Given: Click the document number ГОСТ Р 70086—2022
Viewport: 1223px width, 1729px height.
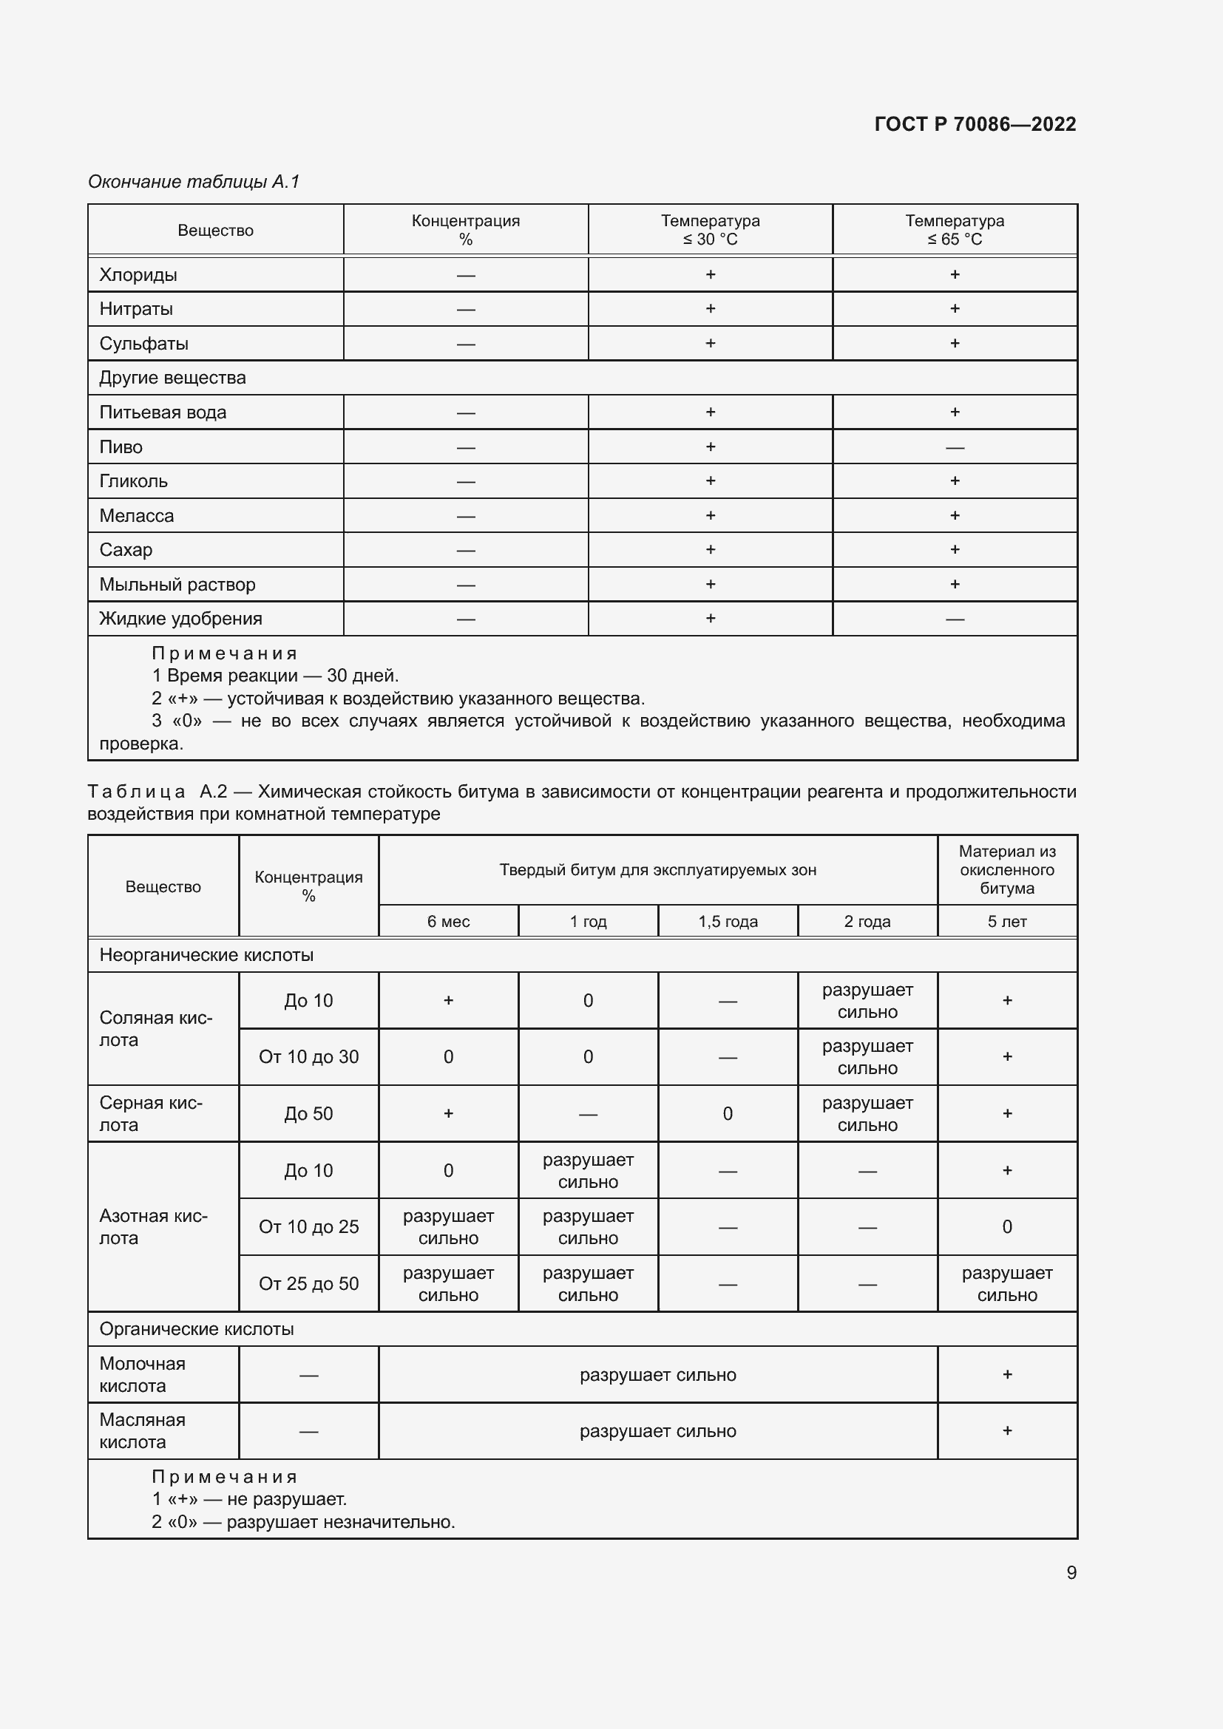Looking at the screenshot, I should (975, 124).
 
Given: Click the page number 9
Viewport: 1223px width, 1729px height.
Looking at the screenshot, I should (1071, 1572).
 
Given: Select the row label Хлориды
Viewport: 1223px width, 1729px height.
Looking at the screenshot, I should (138, 275).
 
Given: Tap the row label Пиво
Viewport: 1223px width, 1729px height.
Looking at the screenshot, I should (121, 447).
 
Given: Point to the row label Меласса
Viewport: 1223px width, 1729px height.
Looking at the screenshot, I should (136, 516).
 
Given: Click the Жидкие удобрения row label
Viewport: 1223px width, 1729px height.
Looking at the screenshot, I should (180, 619).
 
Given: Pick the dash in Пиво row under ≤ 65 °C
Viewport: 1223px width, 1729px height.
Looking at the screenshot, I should (954, 448).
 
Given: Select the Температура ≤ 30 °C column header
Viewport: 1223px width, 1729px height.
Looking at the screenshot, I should (709, 230).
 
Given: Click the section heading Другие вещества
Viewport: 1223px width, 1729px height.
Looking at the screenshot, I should (172, 378).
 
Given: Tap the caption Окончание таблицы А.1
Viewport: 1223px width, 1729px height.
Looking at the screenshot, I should (194, 182).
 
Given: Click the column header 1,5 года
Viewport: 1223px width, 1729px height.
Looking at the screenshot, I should (728, 922).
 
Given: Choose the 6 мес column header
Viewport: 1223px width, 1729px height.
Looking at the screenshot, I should (448, 922).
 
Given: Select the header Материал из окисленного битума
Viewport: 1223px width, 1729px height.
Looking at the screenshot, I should (1007, 870).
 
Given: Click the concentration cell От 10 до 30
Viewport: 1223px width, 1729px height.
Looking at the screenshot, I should (308, 1057).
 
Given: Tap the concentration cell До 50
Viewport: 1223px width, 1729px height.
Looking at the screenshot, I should (308, 1114).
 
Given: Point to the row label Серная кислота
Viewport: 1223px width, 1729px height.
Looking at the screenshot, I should (151, 1114).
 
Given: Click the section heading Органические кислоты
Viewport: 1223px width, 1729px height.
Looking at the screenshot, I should (197, 1329).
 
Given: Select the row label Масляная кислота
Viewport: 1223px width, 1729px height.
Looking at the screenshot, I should (142, 1431).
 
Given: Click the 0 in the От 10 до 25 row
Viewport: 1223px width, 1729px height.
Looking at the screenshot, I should (1007, 1228).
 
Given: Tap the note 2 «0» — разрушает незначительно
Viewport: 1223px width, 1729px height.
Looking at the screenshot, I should (303, 1522).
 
